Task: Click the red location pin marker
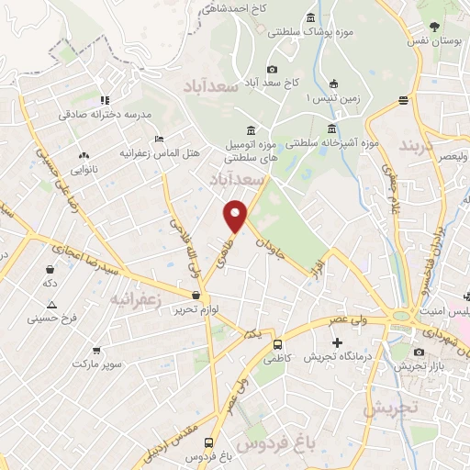coord(236,216)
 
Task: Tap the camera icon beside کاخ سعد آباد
coord(273,69)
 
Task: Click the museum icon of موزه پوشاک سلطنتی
coord(310,17)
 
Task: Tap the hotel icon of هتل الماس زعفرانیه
coord(160,140)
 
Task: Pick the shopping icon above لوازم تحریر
coord(196,296)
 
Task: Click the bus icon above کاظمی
coord(277,344)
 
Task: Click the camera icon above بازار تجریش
coord(420,352)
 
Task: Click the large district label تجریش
coord(389,407)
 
